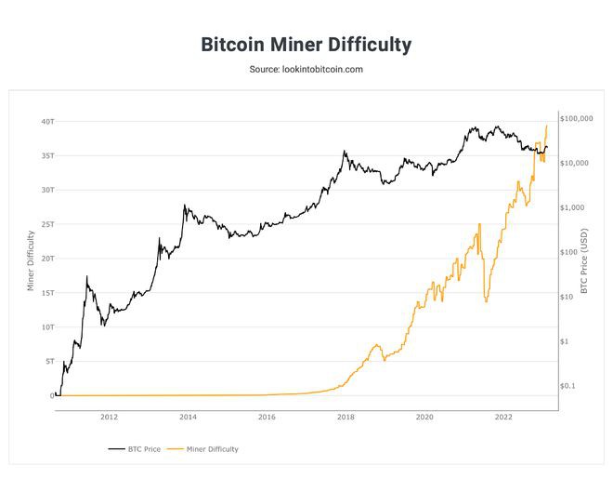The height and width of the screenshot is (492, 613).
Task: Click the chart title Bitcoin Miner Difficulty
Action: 306,45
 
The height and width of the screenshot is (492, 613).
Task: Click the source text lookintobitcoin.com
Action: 306,70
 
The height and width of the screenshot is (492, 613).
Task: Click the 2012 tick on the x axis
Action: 109,418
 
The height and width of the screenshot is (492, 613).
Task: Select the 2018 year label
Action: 346,418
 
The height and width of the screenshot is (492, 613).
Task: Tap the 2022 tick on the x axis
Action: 503,418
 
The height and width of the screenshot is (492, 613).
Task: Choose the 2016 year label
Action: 267,418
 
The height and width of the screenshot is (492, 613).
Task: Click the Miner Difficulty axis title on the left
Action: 31,259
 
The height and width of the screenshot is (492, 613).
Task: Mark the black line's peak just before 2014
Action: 185,206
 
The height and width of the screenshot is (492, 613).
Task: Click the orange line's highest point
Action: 547,126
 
